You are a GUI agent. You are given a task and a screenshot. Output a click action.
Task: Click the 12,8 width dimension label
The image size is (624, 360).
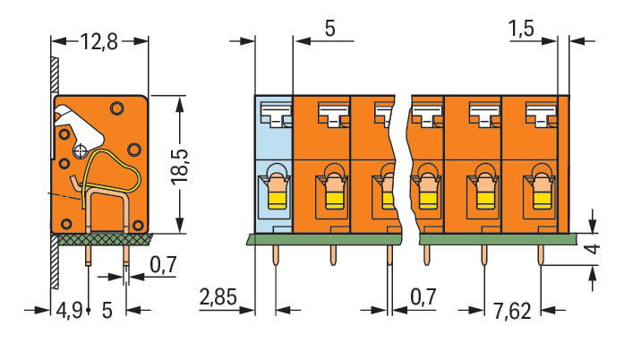[99, 42]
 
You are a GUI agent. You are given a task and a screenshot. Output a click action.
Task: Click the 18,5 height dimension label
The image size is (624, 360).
[180, 167]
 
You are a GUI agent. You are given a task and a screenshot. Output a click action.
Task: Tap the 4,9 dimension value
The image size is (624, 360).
[69, 310]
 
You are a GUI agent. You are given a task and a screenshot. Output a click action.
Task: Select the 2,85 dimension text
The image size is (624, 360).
[218, 297]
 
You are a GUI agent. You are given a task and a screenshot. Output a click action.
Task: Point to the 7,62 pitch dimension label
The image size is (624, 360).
[512, 311]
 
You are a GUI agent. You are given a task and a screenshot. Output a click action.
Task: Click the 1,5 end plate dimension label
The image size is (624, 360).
[521, 29]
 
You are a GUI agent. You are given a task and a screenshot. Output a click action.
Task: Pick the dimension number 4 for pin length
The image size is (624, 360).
[594, 249]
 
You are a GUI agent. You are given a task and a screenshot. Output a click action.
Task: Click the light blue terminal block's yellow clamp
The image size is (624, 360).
[278, 200]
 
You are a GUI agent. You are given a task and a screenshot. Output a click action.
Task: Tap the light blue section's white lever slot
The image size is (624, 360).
[276, 115]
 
